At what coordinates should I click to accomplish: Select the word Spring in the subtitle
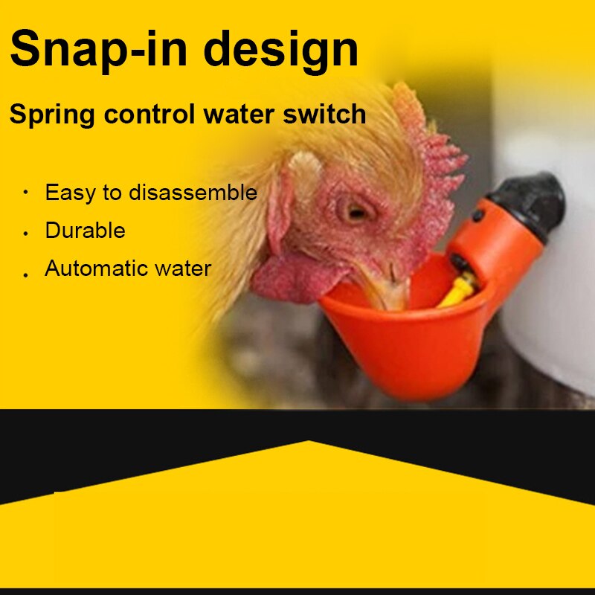click(51, 115)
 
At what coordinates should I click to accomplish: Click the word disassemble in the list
click(193, 193)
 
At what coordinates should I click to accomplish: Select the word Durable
click(85, 231)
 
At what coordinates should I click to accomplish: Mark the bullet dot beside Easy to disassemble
click(26, 193)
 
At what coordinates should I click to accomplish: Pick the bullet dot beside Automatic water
click(26, 274)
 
